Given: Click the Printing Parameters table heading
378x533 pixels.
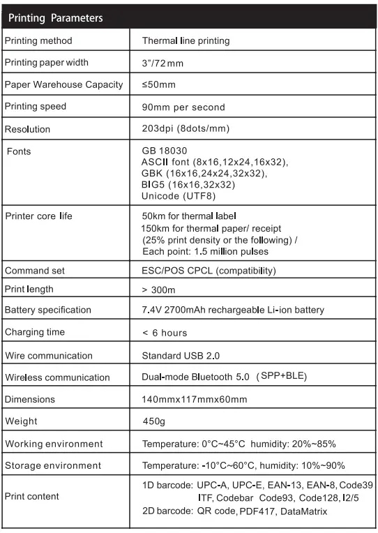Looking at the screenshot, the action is [x=56, y=17].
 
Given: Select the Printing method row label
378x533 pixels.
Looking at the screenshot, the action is [x=38, y=40].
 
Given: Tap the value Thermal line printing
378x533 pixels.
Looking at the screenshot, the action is [x=186, y=40].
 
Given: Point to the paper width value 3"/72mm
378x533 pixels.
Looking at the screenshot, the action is [x=162, y=63].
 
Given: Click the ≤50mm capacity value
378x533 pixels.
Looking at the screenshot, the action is [x=159, y=85].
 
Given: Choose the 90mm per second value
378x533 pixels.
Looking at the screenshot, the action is [x=183, y=107].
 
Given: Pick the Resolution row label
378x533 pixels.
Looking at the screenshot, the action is [x=28, y=129].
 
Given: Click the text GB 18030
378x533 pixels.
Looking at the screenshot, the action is [x=165, y=151].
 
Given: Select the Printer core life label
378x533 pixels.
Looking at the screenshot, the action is [x=39, y=216].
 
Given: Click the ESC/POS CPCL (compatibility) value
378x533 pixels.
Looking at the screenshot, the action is [x=209, y=271].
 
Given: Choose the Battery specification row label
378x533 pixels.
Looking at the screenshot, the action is [x=48, y=310].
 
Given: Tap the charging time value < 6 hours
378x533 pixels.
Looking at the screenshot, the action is [x=165, y=333].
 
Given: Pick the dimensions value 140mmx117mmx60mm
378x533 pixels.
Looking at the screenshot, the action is [x=195, y=399].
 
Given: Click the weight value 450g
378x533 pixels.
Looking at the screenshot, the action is [x=155, y=421].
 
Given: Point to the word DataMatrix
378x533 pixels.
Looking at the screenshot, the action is [x=304, y=512].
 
